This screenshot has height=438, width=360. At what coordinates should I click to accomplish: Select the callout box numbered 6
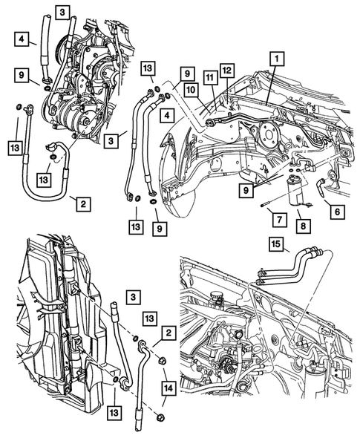(336, 212)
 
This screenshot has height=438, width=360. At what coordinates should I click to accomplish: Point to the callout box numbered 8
(304, 221)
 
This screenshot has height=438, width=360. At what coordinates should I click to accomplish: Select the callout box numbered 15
(275, 243)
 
